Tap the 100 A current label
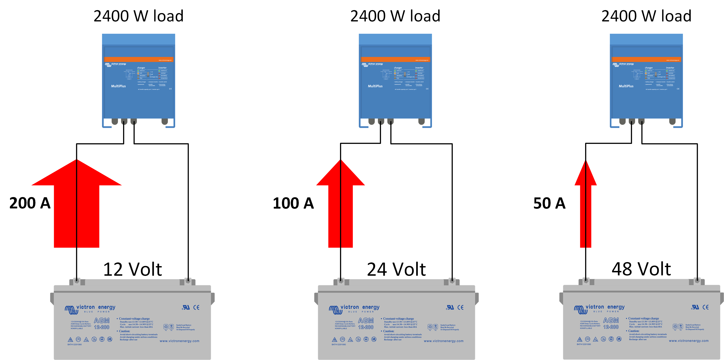pos(293,203)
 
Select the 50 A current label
pos(549,203)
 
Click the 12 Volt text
pos(132,269)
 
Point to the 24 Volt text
pos(396,269)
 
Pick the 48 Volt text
pos(641,269)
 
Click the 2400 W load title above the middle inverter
pos(395,16)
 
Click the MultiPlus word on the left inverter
pos(118,86)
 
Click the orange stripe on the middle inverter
pos(395,59)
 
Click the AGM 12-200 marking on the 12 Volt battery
pos(101,324)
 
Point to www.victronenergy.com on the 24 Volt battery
pos(443,341)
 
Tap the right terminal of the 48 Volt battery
pos(697,280)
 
